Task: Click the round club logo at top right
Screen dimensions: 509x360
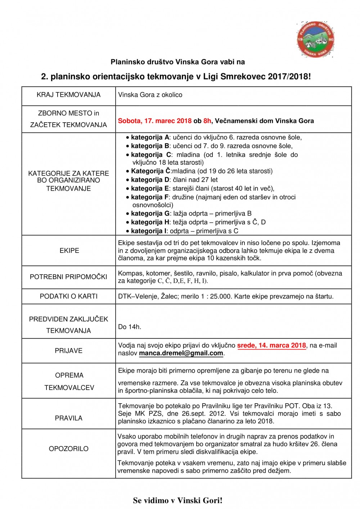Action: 316,39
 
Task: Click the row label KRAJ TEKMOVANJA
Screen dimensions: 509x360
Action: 68,95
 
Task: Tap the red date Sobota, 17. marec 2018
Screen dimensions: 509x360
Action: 154,121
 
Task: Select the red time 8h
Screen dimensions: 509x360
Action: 207,121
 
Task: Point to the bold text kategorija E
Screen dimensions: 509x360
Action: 150,188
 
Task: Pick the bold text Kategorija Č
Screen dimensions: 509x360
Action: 150,171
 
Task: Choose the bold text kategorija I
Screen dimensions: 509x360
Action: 149,231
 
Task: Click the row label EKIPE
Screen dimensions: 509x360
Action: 69,251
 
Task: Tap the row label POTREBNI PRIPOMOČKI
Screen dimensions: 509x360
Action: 68,277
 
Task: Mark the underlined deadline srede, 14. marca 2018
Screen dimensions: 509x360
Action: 271,345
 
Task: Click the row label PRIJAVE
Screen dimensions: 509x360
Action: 68,351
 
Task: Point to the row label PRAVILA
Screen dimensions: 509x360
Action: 68,418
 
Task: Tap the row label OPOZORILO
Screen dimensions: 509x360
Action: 68,449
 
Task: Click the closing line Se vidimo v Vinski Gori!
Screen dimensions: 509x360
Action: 177,500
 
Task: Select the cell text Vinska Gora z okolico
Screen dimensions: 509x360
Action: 150,95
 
